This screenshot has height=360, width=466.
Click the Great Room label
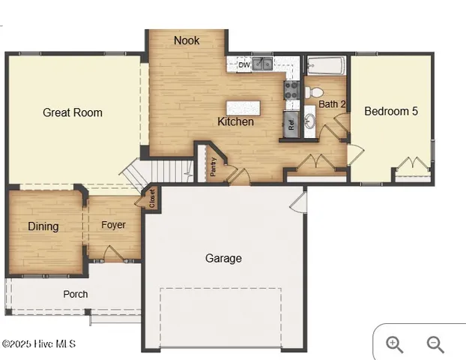click(x=73, y=112)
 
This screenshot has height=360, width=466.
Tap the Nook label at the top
click(x=187, y=40)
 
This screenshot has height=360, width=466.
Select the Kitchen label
click(x=236, y=121)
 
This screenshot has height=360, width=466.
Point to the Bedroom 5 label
click(x=391, y=111)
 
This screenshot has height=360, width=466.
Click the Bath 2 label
click(x=332, y=104)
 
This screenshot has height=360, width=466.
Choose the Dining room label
click(x=43, y=226)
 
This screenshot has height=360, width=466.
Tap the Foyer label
click(x=114, y=225)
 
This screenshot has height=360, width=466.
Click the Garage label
click(x=224, y=258)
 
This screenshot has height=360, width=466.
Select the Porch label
click(x=76, y=294)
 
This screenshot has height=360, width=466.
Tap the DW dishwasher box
click(x=243, y=64)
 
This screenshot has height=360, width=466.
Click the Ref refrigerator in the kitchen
click(x=291, y=123)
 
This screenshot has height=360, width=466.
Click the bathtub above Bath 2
click(x=324, y=66)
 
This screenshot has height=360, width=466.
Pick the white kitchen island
click(x=245, y=106)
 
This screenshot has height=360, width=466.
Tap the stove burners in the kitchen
click(x=291, y=91)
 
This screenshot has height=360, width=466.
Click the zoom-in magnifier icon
click(x=394, y=344)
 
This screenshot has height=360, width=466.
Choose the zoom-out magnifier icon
click(x=435, y=344)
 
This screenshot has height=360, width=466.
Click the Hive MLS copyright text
click(x=39, y=344)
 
